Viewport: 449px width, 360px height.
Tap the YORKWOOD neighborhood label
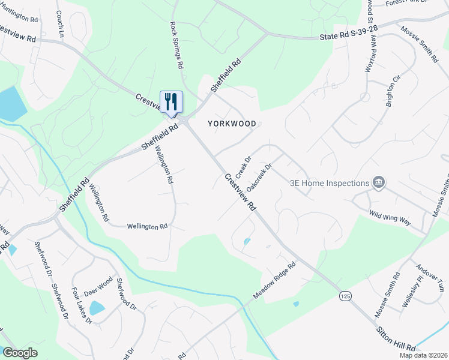(232, 124)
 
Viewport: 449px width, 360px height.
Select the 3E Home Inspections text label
(329, 183)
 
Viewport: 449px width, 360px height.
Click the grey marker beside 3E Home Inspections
(378, 182)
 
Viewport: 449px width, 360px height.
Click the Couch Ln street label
(60, 24)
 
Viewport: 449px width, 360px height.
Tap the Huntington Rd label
(20, 19)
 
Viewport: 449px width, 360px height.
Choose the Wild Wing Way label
(390, 217)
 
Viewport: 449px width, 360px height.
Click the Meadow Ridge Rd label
(275, 281)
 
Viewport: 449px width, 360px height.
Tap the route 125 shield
(345, 296)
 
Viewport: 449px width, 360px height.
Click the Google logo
(20, 353)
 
